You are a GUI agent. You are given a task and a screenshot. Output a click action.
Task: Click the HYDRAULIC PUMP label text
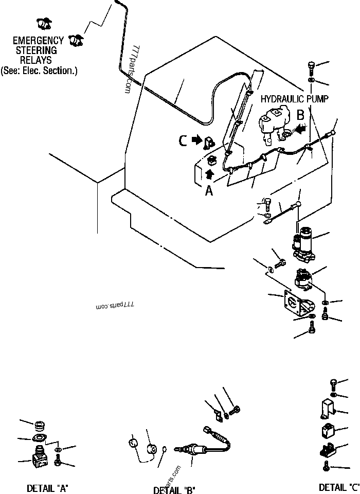tap(294, 98)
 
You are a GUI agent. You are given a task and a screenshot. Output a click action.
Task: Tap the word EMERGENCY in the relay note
tap(38, 40)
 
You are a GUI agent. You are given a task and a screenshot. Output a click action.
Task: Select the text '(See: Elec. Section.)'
tap(39, 70)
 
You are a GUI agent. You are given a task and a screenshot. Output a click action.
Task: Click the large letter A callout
tap(208, 190)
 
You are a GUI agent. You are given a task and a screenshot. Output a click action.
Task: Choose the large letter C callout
tap(183, 140)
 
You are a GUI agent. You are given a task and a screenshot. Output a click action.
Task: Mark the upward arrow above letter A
tap(210, 174)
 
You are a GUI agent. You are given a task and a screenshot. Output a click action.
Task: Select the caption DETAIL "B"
tap(174, 489)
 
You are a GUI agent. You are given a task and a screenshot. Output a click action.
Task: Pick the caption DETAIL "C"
tap(339, 487)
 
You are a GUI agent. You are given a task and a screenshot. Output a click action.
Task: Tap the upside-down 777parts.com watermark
tap(114, 305)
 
